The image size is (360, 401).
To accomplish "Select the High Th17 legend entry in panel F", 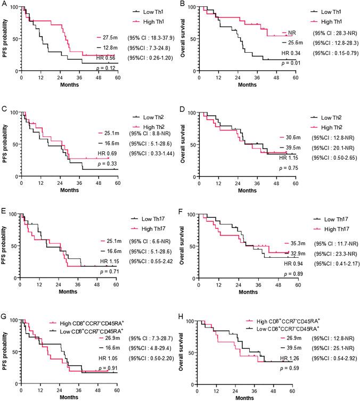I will pos(323,228).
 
